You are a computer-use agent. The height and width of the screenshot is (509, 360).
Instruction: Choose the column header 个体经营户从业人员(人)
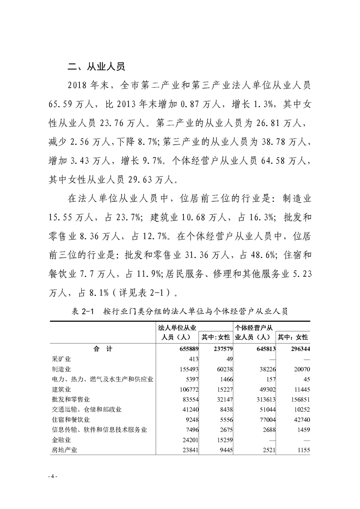pyautogui.click(x=253, y=332)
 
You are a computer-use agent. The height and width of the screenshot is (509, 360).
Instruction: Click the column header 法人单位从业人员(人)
pyautogui.click(x=177, y=332)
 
